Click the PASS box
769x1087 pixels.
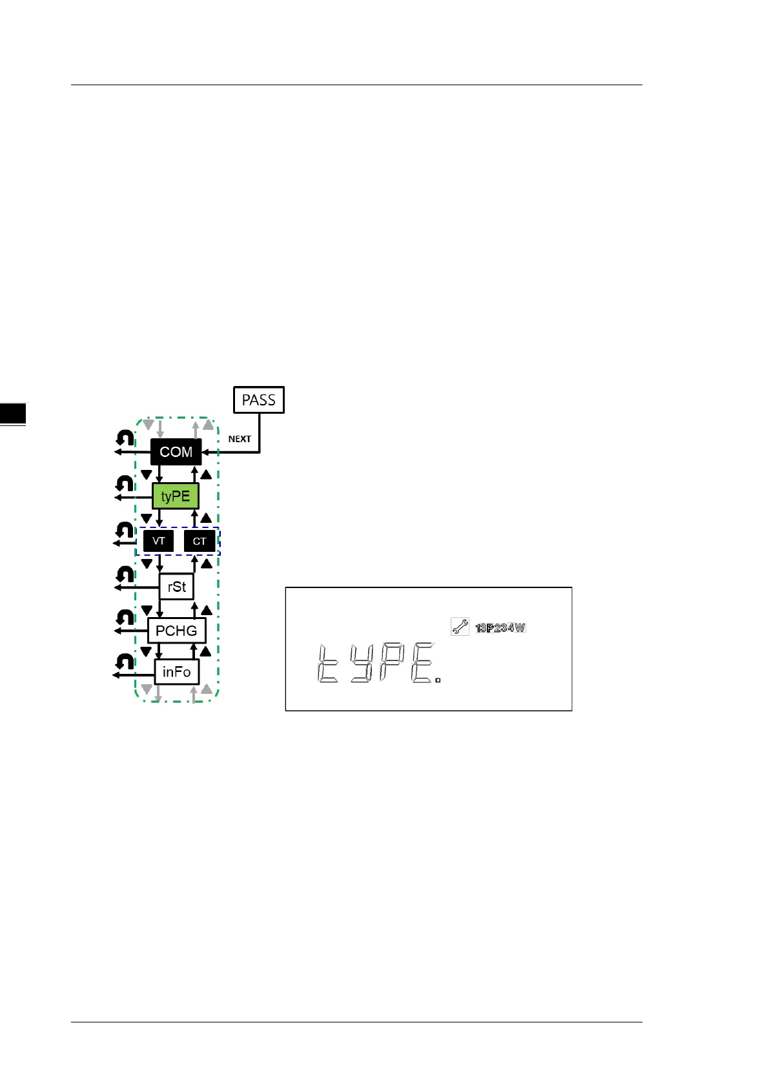pyautogui.click(x=258, y=400)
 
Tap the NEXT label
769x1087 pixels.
pyautogui.click(x=240, y=439)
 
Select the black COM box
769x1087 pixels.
pyautogui.click(x=176, y=452)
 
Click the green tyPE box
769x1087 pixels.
pyautogui.click(x=176, y=496)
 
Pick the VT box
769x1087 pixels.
pyautogui.click(x=158, y=541)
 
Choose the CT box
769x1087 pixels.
pyautogui.click(x=200, y=541)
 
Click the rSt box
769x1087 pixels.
pyautogui.click(x=176, y=587)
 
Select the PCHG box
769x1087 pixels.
pyautogui.click(x=176, y=631)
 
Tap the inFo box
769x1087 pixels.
pyautogui.click(x=176, y=672)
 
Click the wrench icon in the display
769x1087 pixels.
pyautogui.click(x=460, y=627)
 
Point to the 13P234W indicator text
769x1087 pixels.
pyautogui.click(x=500, y=628)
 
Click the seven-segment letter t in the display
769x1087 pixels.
pyautogui.click(x=327, y=664)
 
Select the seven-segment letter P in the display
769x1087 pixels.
pyautogui.click(x=392, y=664)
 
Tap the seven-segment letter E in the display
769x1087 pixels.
pyautogui.click(x=422, y=664)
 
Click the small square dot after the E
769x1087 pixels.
pyautogui.click(x=438, y=680)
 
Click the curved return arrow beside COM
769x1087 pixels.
pyautogui.click(x=125, y=438)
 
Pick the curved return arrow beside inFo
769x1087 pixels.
pyautogui.click(x=125, y=662)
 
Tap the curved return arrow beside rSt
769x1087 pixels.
pyautogui.click(x=125, y=574)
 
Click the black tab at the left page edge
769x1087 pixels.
pyautogui.click(x=13, y=414)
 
